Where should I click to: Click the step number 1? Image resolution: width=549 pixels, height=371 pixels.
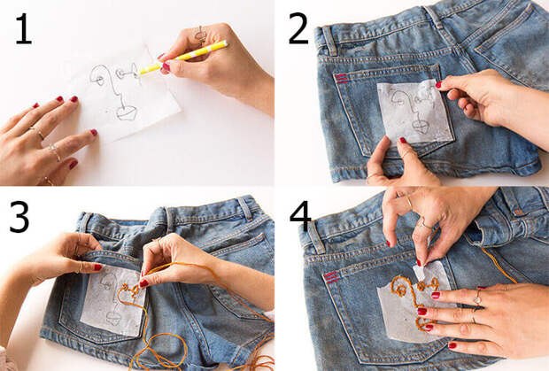[23, 28]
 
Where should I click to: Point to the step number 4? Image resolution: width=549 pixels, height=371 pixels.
[300, 216]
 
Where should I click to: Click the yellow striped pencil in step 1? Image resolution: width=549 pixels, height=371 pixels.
[183, 57]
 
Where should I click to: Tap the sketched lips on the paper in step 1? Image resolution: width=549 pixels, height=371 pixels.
[126, 112]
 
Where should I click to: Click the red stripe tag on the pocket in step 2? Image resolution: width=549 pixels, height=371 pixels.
[341, 79]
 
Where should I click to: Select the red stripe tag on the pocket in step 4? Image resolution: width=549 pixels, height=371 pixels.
[331, 277]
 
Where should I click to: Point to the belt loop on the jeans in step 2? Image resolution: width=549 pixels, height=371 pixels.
[329, 40]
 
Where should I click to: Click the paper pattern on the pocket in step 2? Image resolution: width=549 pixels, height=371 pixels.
[415, 112]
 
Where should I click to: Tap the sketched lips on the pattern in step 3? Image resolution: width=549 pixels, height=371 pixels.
[113, 318]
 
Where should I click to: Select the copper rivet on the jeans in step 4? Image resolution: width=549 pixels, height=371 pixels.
[518, 213]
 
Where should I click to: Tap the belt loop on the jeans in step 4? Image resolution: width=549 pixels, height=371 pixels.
[316, 238]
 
